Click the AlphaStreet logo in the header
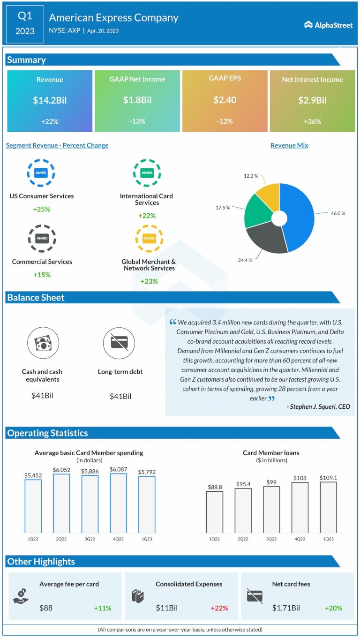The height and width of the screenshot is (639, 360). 328,25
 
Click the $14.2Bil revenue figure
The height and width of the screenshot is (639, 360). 49,100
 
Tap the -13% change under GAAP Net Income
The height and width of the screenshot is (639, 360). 137,121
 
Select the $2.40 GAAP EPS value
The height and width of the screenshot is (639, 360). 225,100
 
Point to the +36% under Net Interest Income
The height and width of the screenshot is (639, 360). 312,121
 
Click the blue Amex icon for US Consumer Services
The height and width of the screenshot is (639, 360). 41,173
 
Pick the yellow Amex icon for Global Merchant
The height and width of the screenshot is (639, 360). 149,239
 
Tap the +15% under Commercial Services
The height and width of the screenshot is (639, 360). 42,275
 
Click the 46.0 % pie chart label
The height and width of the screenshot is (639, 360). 337,213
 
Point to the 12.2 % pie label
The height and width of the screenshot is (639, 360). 251,176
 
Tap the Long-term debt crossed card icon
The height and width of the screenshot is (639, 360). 116,342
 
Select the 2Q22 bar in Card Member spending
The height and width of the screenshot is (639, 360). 61,503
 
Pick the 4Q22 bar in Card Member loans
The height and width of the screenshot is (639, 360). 300,507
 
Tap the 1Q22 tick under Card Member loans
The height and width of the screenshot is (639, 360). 214,539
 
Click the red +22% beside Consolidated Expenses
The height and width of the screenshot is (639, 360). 219,608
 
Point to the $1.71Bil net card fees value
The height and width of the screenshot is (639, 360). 286,608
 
